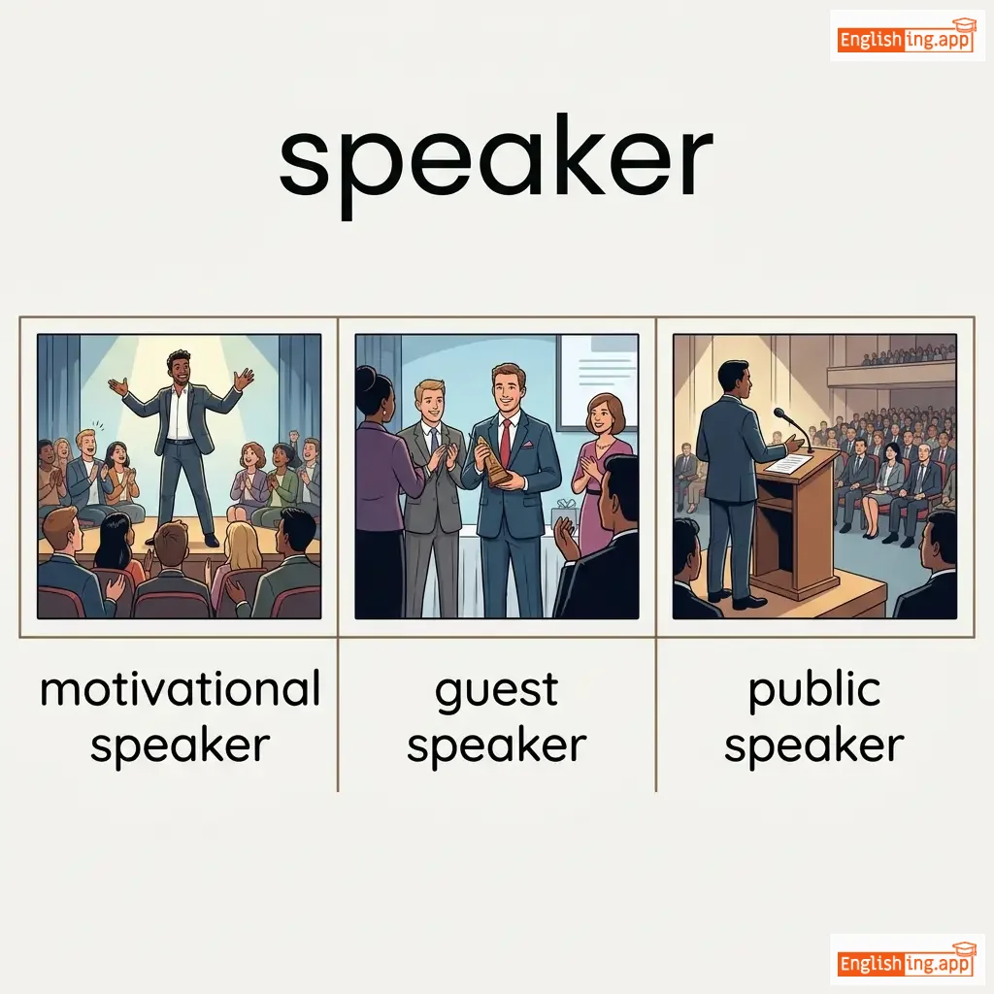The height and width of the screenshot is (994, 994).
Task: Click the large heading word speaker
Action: tap(496, 165)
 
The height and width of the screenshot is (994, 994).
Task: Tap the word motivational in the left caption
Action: tap(180, 689)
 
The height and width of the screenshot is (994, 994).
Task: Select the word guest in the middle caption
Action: tap(496, 692)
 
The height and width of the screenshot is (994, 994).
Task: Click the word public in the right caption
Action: tap(814, 691)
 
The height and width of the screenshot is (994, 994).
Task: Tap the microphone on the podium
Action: tap(792, 428)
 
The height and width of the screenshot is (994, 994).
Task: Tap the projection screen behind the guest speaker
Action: tap(597, 381)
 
